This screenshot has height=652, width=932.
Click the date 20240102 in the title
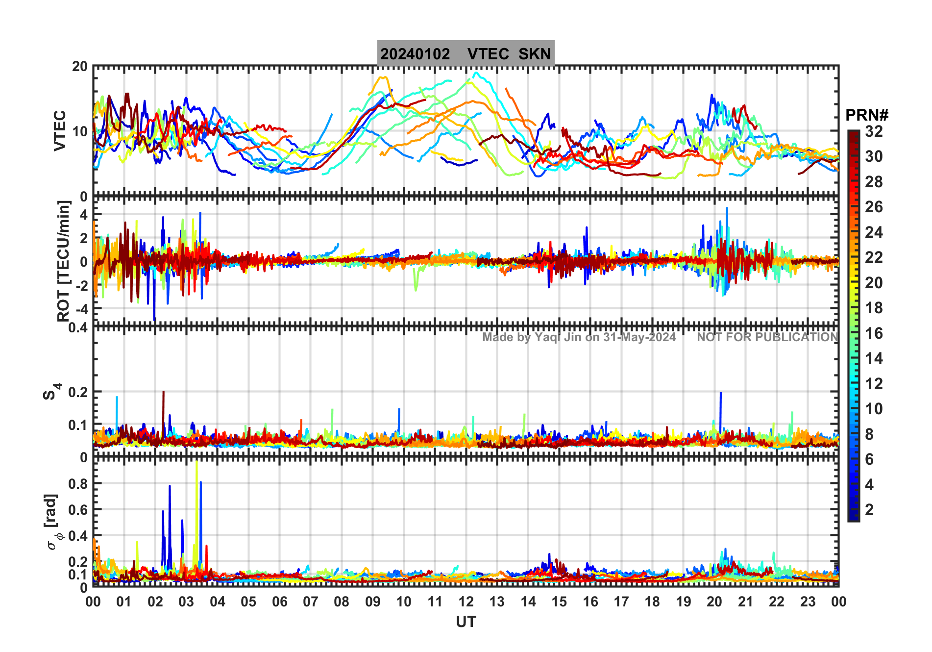(x=415, y=54)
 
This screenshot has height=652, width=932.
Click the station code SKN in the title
(x=535, y=54)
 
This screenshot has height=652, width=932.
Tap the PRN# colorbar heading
(x=866, y=115)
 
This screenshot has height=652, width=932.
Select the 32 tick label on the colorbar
(x=874, y=131)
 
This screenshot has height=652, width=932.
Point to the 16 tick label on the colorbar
(x=874, y=333)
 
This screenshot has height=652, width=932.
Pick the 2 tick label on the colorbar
(x=869, y=510)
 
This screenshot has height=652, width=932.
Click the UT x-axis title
(x=466, y=622)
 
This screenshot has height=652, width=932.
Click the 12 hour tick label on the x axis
(x=466, y=602)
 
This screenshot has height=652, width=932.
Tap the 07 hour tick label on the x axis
(x=310, y=602)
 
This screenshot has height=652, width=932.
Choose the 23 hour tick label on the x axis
(x=808, y=602)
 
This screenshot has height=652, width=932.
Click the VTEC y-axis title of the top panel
(x=60, y=130)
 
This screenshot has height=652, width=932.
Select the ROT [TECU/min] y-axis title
(x=64, y=261)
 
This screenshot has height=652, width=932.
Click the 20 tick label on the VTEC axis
(x=79, y=67)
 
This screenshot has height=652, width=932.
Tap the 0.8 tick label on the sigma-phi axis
(x=78, y=483)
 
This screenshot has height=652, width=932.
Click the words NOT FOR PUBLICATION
(x=767, y=337)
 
